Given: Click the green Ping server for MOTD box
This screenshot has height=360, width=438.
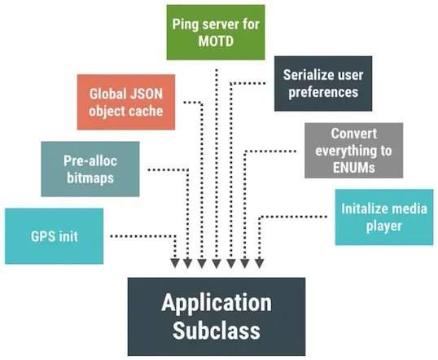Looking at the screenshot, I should click(x=217, y=32).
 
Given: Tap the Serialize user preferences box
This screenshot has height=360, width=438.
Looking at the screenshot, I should click(x=323, y=83).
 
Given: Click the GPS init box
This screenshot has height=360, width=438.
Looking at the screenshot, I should click(x=54, y=236).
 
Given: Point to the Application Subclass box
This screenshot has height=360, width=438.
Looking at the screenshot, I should click(x=217, y=316).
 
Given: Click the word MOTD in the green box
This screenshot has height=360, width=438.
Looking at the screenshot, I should click(x=217, y=41).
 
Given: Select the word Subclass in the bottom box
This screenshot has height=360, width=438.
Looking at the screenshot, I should click(x=217, y=330).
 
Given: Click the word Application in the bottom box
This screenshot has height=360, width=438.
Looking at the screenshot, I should click(x=217, y=302).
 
